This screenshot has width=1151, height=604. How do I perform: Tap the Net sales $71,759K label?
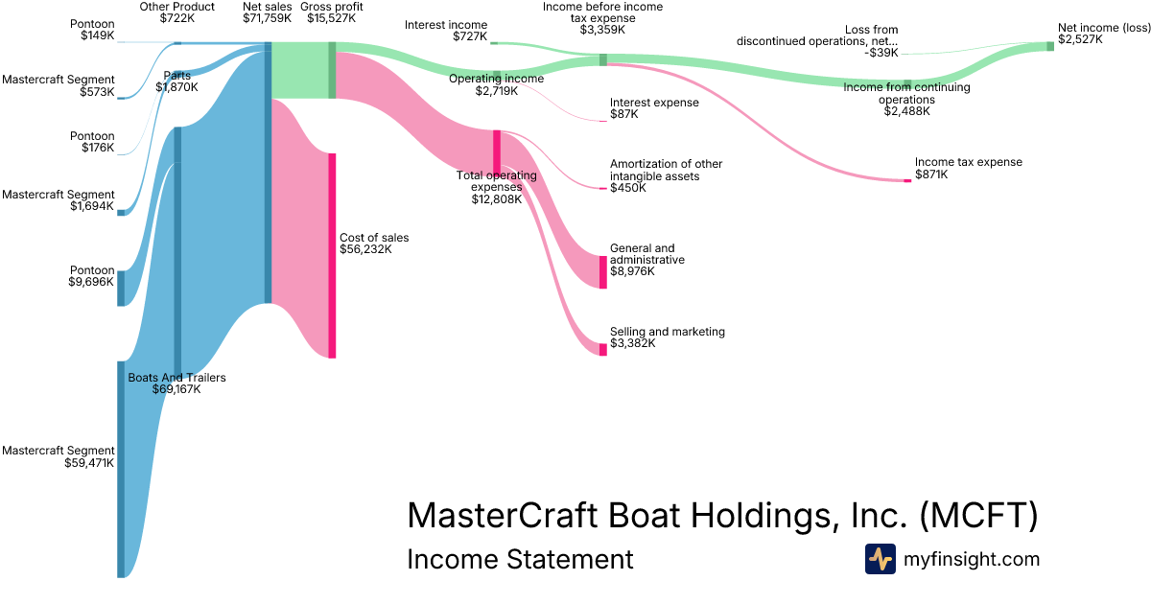point(267,12)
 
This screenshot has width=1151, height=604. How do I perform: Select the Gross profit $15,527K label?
point(331,12)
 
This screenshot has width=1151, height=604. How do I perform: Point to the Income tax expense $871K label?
point(968,168)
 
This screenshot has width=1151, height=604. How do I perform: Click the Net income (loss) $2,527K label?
point(1103,35)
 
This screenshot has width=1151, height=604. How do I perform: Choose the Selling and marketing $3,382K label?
point(667,337)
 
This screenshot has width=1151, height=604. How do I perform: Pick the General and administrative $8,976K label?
point(647,260)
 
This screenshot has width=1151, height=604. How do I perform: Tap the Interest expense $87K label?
point(654,108)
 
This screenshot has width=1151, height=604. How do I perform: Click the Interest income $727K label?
point(446,31)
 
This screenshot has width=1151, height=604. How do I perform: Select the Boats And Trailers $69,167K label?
point(176,383)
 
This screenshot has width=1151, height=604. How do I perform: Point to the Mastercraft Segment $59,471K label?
point(59,456)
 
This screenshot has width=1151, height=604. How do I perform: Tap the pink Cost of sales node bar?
point(332,255)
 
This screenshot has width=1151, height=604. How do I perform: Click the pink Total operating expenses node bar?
point(497,151)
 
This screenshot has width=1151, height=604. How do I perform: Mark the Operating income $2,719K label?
point(496,84)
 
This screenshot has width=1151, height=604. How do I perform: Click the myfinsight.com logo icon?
point(880,559)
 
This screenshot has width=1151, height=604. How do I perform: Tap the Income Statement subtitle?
point(520,559)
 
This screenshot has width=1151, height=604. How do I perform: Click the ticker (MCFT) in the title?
point(978,516)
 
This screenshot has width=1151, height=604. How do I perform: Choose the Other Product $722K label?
point(176,12)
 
